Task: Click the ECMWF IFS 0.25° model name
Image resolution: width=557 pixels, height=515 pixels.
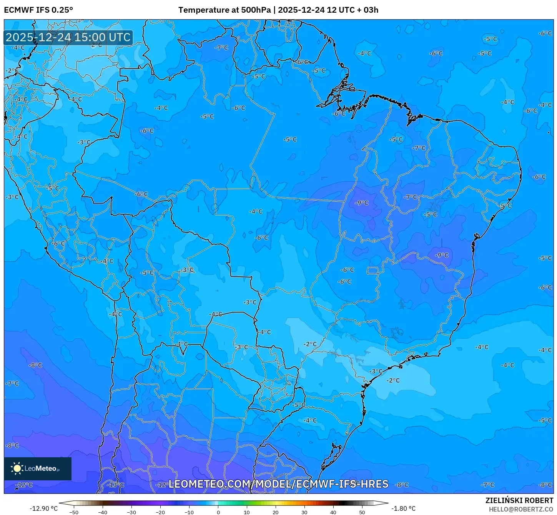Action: point(38,10)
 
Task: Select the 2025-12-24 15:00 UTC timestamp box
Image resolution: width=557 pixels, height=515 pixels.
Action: point(68,37)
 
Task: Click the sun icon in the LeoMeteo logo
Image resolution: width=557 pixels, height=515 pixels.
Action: point(17,468)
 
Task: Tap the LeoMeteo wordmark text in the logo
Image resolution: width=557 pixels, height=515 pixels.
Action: point(41,468)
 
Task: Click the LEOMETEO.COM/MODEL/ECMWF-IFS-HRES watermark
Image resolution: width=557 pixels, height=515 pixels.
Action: point(278,484)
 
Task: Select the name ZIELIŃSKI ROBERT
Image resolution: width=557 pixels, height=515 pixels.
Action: point(519,500)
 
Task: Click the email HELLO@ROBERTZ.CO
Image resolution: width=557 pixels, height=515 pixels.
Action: point(521,509)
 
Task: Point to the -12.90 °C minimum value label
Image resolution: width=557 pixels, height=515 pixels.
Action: point(43,508)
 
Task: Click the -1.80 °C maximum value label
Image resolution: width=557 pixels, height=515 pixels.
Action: point(403,508)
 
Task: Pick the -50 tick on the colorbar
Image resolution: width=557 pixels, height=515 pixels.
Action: point(74,512)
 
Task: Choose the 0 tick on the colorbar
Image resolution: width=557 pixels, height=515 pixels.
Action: point(218,512)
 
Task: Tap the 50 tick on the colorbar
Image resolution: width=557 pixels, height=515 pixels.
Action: point(362,512)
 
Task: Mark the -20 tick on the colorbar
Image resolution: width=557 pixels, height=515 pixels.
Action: point(160,512)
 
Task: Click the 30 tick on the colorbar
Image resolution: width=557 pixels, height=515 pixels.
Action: point(304,512)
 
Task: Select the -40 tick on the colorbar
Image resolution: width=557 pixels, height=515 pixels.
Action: point(103,512)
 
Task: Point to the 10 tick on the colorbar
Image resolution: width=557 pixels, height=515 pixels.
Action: point(247,512)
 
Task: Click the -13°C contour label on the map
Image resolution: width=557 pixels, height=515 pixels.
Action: point(115,485)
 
